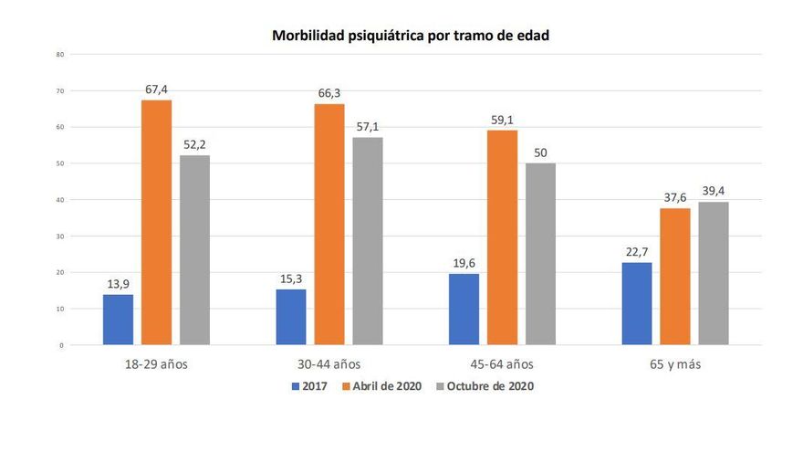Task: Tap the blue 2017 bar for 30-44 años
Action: (290, 317)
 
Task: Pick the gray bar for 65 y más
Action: (714, 273)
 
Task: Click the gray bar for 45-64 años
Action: (541, 254)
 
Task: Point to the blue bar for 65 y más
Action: (637, 303)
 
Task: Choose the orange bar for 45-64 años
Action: (502, 237)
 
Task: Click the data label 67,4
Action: (156, 89)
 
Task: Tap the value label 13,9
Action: (118, 285)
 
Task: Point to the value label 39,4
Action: (714, 192)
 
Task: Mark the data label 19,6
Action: (464, 264)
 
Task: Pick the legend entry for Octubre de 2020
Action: (484, 386)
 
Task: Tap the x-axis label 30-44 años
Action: (328, 363)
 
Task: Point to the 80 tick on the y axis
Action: (60, 55)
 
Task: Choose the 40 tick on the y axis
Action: (60, 200)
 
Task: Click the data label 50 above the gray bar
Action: (541, 153)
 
